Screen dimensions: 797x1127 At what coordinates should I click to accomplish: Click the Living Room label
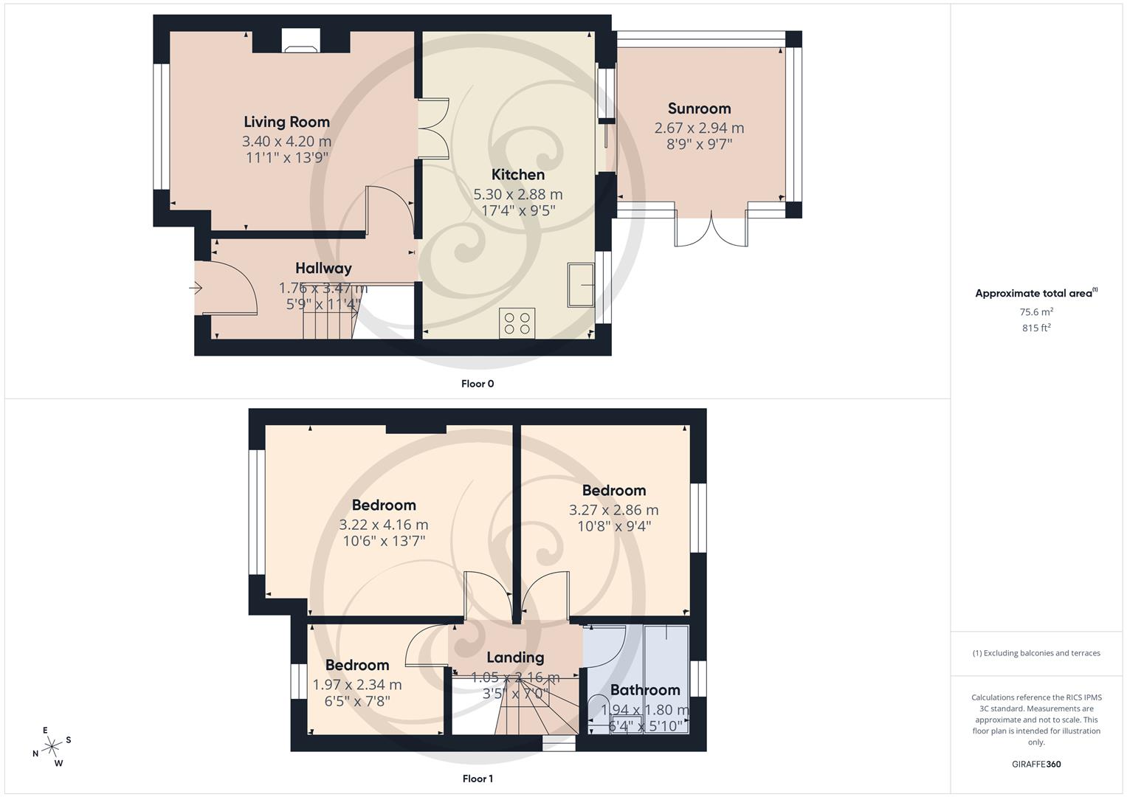[286, 122]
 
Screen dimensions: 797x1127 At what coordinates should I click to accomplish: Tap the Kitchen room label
[517, 175]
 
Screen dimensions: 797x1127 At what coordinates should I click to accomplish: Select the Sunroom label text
[699, 108]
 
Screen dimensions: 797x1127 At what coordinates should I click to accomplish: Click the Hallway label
[323, 268]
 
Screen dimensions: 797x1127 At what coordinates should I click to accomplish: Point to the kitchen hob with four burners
[517, 322]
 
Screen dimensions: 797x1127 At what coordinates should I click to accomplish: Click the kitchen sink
[581, 284]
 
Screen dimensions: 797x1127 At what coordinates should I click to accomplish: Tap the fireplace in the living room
[301, 41]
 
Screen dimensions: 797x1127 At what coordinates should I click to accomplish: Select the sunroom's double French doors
[711, 229]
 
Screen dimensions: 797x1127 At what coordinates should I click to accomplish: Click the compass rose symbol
[52, 747]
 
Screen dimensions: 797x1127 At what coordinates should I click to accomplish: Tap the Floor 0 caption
[477, 384]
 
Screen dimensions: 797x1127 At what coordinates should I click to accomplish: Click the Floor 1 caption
[477, 779]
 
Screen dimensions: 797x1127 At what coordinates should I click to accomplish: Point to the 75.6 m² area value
[1036, 312]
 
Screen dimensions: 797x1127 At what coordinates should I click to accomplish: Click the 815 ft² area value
[1036, 328]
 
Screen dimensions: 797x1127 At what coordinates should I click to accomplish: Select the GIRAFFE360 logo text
[1036, 765]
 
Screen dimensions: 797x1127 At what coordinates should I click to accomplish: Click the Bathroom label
[644, 690]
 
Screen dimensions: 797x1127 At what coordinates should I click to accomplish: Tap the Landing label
[515, 658]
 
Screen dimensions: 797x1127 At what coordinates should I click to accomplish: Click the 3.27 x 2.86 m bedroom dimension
[613, 510]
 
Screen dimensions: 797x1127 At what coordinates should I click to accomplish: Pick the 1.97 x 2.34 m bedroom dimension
[357, 685]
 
